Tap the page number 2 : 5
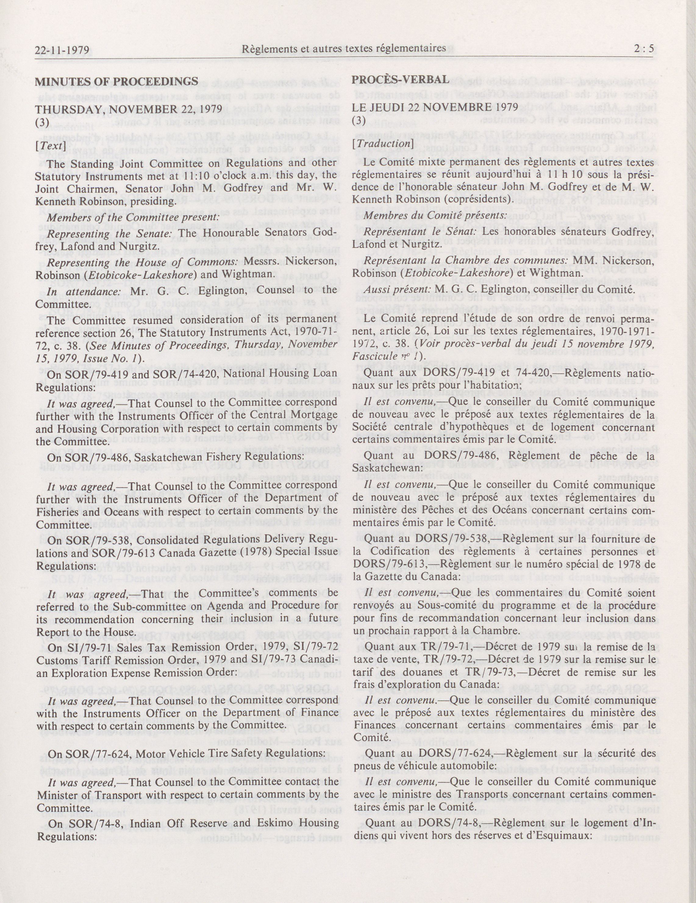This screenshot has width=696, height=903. tap(646, 49)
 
